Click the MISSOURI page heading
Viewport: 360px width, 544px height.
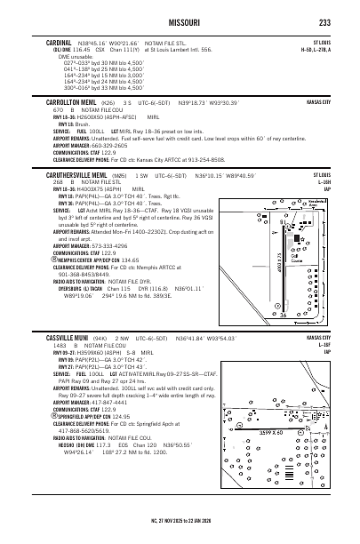pos(180,22)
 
